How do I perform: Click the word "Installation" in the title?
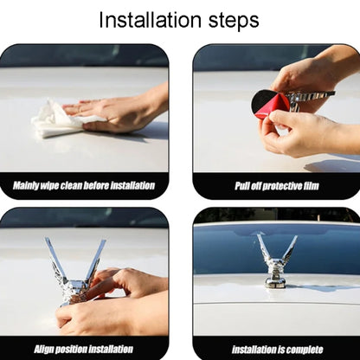(150, 20)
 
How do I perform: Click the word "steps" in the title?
(234, 22)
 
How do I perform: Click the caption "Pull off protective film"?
(277, 186)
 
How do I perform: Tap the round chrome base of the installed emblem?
(274, 283)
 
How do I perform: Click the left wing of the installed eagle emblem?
(264, 248)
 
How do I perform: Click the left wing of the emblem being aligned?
(55, 260)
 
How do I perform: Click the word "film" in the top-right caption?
(311, 186)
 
